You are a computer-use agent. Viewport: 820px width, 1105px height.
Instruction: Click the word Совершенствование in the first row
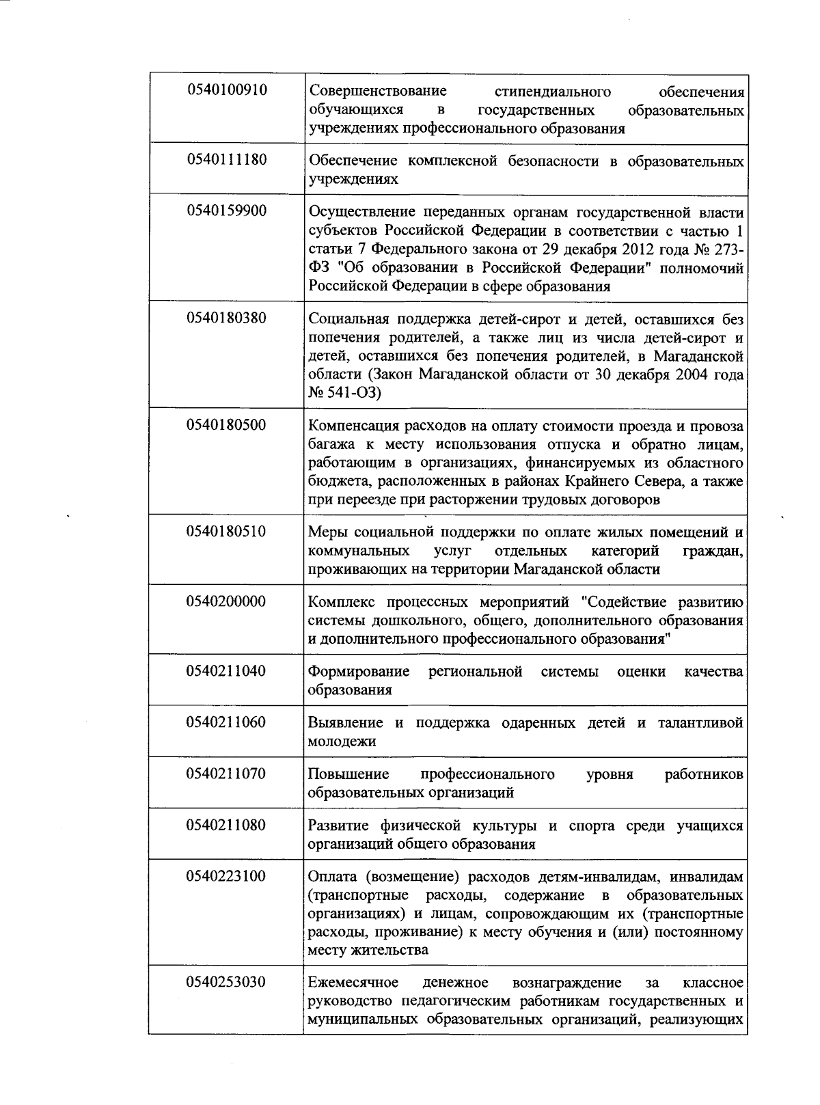tap(377, 92)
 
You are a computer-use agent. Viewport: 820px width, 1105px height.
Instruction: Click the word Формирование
tap(359, 672)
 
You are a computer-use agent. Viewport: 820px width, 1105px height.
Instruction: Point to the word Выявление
tap(345, 723)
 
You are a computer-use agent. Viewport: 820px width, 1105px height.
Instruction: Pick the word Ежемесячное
tap(353, 983)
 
